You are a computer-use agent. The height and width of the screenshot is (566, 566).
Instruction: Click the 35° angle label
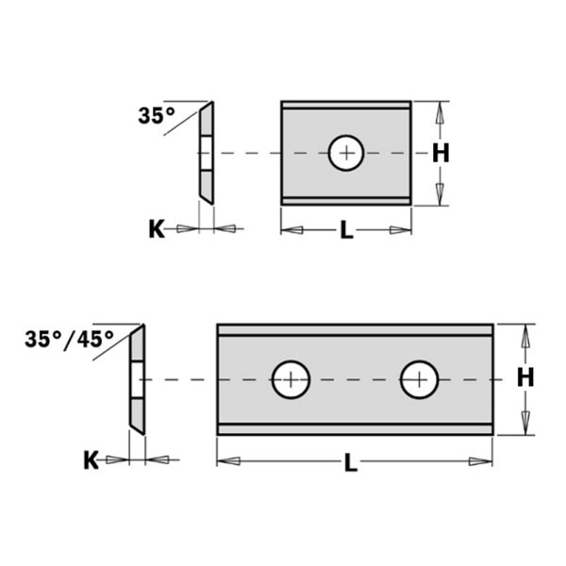click(157, 116)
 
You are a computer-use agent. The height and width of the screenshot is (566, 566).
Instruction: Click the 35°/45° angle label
click(70, 339)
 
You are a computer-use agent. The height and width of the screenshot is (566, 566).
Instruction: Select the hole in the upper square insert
click(346, 153)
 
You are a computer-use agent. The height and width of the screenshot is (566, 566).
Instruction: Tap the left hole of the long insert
click(291, 380)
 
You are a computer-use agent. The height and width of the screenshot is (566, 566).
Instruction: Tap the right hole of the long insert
click(419, 380)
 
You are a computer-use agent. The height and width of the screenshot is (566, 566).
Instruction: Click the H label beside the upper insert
click(441, 153)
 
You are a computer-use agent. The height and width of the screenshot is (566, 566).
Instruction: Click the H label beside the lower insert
click(525, 377)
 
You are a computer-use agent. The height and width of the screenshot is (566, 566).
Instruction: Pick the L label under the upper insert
click(346, 231)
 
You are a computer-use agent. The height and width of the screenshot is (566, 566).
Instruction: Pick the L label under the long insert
click(350, 462)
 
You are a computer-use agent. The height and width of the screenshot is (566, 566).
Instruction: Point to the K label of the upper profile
click(156, 228)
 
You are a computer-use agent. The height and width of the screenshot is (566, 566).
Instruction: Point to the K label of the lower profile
click(91, 460)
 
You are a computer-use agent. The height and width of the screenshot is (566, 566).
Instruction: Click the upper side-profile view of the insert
click(206, 153)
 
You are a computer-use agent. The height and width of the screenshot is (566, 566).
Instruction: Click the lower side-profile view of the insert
click(137, 379)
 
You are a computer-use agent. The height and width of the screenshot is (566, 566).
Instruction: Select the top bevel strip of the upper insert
click(346, 105)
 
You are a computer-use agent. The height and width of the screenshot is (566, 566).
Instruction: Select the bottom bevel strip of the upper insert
click(346, 200)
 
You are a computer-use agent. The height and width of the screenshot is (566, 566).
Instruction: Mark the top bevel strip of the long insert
click(355, 329)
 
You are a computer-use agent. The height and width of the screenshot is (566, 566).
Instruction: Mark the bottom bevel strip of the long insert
click(355, 429)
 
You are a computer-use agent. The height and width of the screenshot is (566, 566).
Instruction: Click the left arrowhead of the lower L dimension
click(227, 461)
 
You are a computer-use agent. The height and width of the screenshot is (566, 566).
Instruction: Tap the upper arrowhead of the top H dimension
click(439, 112)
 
